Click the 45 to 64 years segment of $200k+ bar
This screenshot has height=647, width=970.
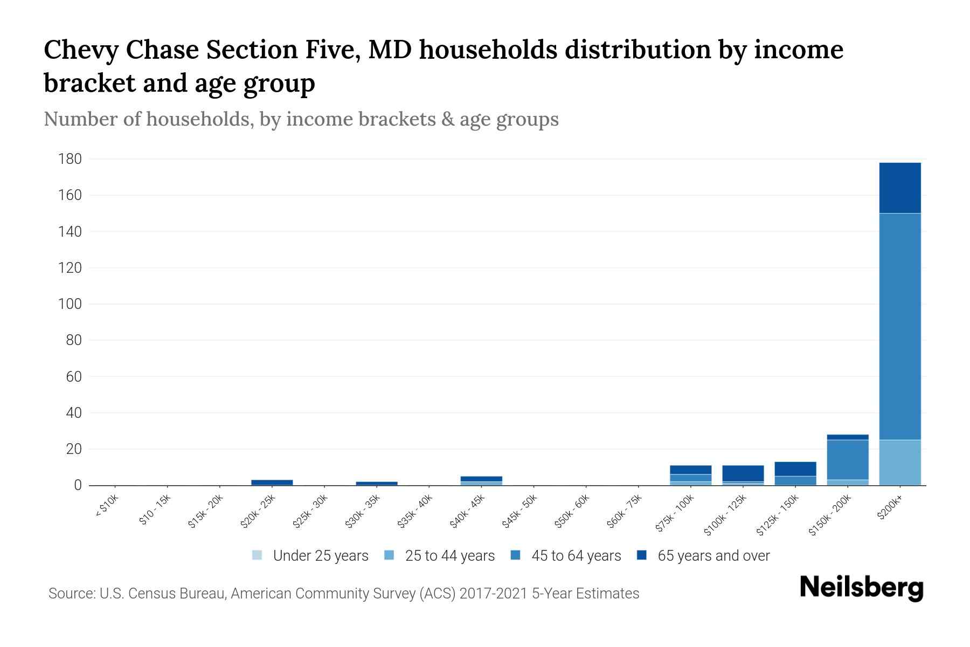900,326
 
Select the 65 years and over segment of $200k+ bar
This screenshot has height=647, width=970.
900,188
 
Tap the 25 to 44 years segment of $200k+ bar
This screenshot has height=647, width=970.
900,462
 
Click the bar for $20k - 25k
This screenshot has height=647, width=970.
272,483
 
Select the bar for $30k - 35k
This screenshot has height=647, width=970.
377,483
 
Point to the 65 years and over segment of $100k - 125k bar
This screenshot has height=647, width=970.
743,473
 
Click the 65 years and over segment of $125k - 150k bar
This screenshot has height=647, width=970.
795,469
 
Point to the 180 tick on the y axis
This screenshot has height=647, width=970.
70,159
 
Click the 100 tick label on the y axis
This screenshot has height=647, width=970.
70,304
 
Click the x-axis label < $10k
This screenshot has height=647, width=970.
107,510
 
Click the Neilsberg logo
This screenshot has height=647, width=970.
861,588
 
